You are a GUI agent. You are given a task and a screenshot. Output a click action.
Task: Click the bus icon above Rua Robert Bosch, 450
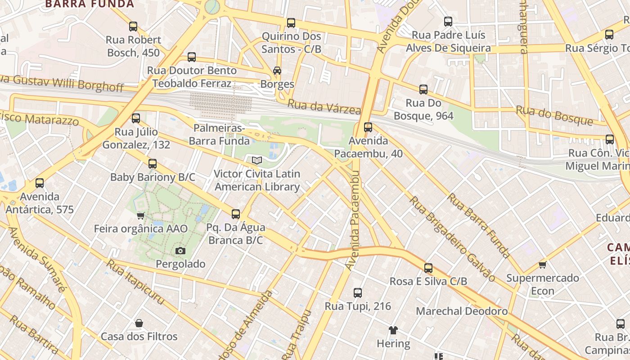tap(133, 27)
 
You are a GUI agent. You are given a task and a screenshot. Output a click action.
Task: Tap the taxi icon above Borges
tap(277, 71)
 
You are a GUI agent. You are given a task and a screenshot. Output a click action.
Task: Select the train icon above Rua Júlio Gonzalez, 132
tap(136, 118)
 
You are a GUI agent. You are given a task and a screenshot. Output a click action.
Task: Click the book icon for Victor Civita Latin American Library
tap(257, 160)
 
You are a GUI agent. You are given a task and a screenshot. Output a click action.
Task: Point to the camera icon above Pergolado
tap(180, 251)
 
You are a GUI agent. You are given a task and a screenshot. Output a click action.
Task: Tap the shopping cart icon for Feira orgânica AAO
tap(140, 216)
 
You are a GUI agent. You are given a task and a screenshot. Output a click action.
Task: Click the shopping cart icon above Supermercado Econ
tap(542, 265)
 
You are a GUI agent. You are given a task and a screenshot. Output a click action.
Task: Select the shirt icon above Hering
tap(393, 330)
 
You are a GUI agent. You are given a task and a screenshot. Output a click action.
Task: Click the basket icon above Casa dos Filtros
tap(139, 323)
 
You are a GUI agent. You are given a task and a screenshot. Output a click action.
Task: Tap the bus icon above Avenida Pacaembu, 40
tap(368, 127)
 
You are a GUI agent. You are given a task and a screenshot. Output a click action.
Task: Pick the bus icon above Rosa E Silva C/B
tap(428, 268)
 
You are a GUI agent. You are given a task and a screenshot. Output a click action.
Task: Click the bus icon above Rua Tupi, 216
tap(358, 293)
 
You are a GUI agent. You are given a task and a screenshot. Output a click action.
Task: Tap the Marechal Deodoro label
tap(462, 311)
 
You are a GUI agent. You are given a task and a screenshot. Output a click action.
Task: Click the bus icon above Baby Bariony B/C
tap(153, 164)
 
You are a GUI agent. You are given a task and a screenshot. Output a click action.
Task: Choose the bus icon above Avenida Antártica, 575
tap(40, 183)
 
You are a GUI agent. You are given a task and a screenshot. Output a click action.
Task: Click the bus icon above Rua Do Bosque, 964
tap(423, 90)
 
